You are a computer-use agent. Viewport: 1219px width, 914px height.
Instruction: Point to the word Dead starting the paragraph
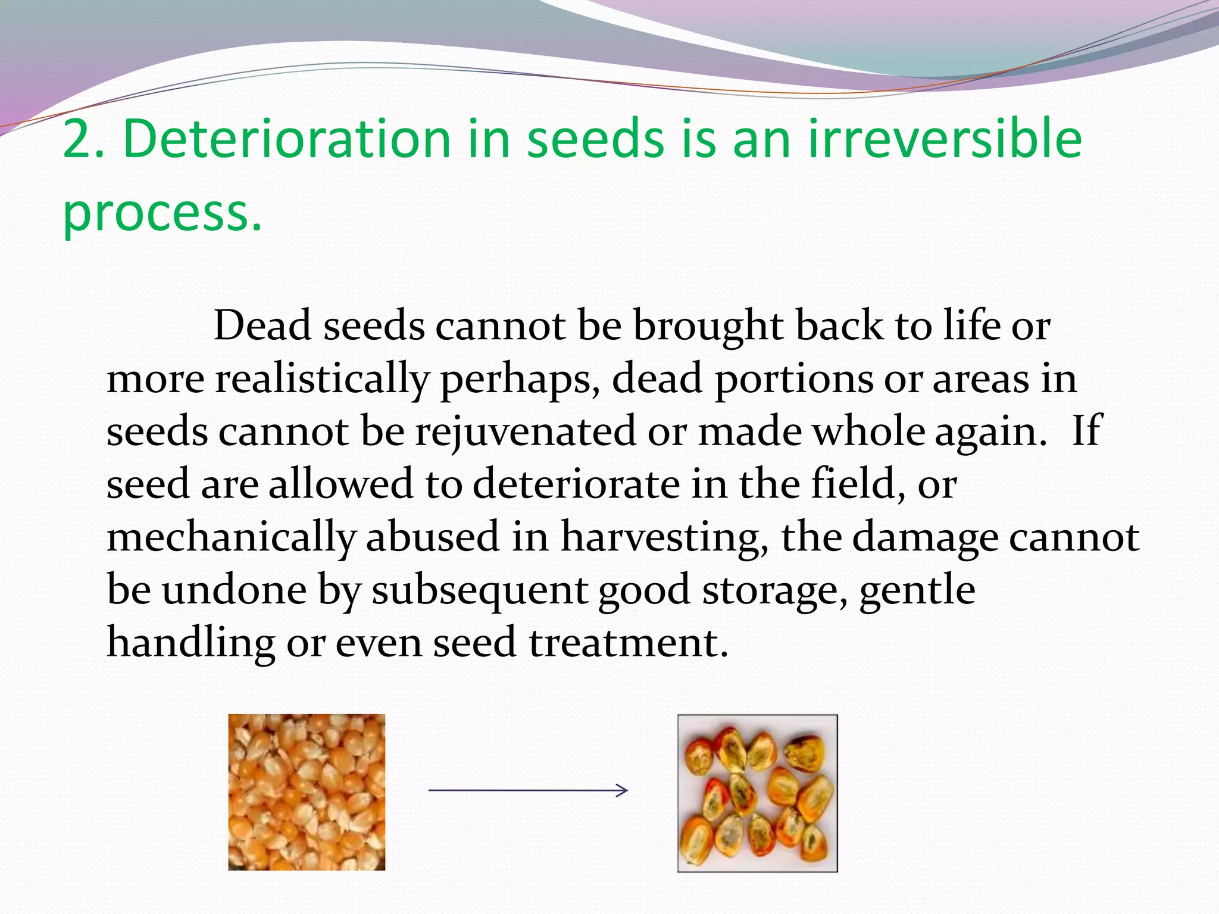[262, 325]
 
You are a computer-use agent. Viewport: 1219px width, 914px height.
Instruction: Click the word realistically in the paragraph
[321, 379]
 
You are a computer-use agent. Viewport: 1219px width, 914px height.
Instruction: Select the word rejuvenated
[526, 431]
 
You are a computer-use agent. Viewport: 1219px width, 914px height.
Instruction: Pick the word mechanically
[230, 537]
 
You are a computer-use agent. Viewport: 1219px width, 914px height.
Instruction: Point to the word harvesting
[664, 537]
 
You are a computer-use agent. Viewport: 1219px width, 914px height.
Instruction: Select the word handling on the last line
[190, 643]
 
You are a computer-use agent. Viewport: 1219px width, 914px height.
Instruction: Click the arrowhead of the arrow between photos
[623, 790]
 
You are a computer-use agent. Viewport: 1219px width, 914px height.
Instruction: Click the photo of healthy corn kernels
[307, 792]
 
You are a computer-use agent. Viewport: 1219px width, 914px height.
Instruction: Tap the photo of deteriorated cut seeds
[757, 793]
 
